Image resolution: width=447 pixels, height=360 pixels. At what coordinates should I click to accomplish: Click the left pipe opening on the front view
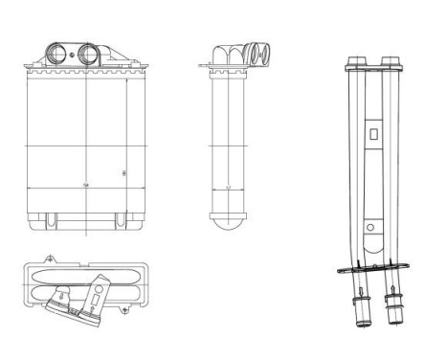point(57,52)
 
